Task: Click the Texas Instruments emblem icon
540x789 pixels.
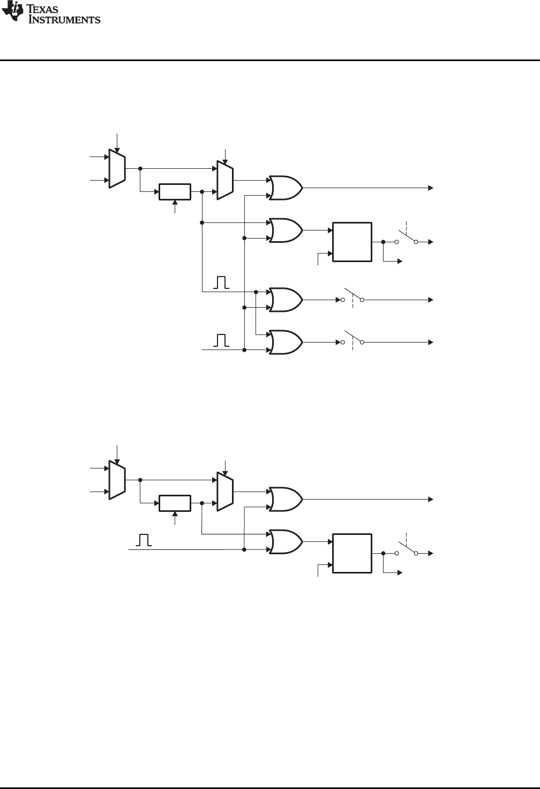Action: click(11, 13)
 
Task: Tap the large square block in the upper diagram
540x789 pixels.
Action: click(352, 241)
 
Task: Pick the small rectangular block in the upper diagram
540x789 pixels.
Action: click(175, 191)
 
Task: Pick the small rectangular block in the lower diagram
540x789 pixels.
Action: click(175, 503)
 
